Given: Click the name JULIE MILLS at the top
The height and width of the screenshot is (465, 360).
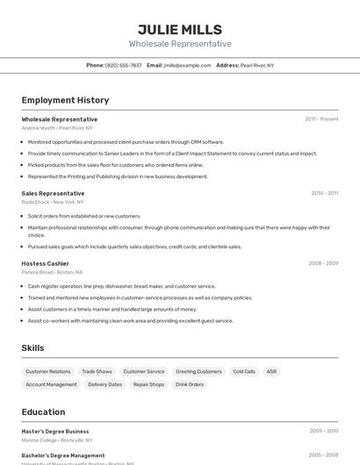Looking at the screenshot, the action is (180, 29).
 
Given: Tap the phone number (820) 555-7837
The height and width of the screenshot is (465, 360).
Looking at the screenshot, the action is (123, 66).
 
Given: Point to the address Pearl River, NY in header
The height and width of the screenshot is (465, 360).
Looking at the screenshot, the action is (256, 66).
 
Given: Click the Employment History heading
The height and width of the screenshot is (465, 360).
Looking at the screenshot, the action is (65, 100).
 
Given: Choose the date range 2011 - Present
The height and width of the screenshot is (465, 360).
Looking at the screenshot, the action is (321, 119).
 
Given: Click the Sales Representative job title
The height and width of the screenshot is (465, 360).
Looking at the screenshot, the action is (53, 193).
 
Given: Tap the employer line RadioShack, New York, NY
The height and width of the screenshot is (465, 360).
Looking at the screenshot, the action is (54, 203).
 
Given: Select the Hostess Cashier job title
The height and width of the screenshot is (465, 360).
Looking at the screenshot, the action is (45, 263).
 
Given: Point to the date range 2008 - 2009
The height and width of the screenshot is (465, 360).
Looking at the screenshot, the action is (323, 263).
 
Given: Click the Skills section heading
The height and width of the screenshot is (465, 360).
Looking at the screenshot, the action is (32, 348).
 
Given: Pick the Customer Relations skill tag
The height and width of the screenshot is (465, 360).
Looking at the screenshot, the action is (48, 372).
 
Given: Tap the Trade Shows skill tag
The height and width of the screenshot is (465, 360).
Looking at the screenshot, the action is (97, 372).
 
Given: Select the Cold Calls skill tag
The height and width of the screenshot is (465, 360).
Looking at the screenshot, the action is (244, 372).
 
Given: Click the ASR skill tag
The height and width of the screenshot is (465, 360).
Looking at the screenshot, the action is (272, 372).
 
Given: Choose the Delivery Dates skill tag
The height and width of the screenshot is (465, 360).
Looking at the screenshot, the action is (104, 384).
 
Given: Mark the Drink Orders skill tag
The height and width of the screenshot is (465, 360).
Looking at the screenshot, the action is (190, 384).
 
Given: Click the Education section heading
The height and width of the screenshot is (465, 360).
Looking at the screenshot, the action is (43, 411).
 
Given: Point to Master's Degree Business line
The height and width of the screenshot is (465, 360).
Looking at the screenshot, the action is (55, 432).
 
